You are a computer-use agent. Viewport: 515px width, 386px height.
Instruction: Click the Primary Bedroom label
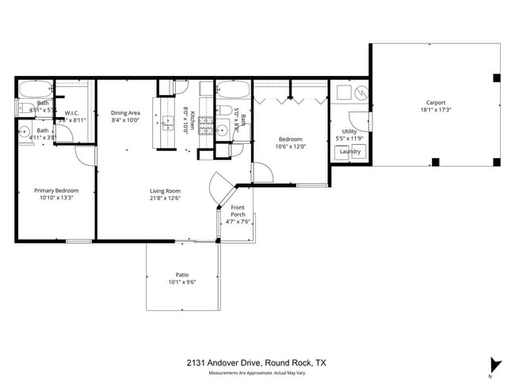55,190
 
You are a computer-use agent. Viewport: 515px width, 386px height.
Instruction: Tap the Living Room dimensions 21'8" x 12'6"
166,199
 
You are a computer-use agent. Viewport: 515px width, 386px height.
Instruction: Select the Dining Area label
125,113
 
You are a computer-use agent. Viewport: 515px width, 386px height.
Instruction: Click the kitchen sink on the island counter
169,123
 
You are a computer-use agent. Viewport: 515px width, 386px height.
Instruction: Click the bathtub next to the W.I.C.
36,88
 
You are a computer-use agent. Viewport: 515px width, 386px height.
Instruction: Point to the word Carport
435,102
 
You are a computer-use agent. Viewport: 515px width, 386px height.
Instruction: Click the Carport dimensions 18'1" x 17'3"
435,111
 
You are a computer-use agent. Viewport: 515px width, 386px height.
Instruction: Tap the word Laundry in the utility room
350,151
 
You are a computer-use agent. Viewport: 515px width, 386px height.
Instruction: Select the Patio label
181,274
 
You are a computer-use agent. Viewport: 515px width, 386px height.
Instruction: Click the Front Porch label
237,210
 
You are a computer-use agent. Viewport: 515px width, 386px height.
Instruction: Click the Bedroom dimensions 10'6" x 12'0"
289,146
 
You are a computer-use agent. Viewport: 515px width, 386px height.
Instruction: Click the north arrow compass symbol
497,365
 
